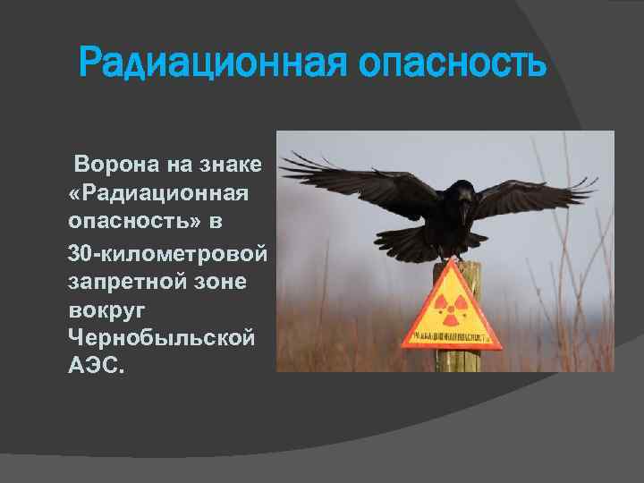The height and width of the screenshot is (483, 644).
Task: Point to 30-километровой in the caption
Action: (x=167, y=253)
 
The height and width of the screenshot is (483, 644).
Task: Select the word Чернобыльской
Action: (x=161, y=339)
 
